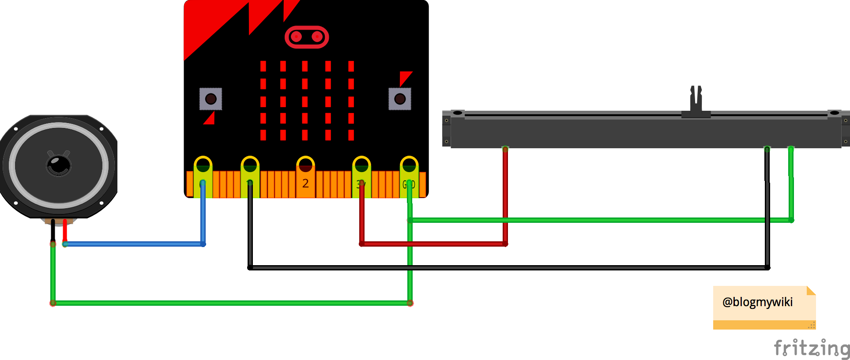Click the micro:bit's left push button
pyautogui.click(x=211, y=99)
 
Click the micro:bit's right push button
pyautogui.click(x=400, y=99)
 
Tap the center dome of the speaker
pyautogui.click(x=59, y=165)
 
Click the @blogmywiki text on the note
pyautogui.click(x=757, y=302)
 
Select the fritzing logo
pyautogui.click(x=812, y=348)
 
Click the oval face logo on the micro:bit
pyautogui.click(x=307, y=37)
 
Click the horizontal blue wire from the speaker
pyautogui.click(x=132, y=244)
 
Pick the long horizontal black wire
pyautogui.click(x=508, y=267)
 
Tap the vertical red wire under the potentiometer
pyautogui.click(x=505, y=194)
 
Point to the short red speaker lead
pyautogui.click(x=65, y=229)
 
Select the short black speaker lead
pyautogui.click(x=53, y=229)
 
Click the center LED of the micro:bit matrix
pyautogui.click(x=305, y=101)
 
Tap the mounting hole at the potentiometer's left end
pyautogui.click(x=458, y=113)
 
